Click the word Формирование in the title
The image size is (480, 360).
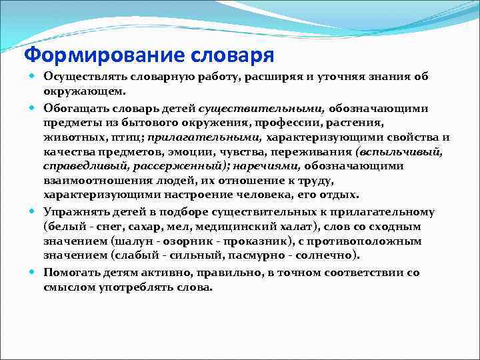coord(96,53)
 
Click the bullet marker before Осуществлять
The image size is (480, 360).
coord(34,77)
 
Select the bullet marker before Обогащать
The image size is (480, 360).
coord(34,108)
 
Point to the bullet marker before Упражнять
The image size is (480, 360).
coord(34,212)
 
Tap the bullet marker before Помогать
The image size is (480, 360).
coord(34,272)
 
